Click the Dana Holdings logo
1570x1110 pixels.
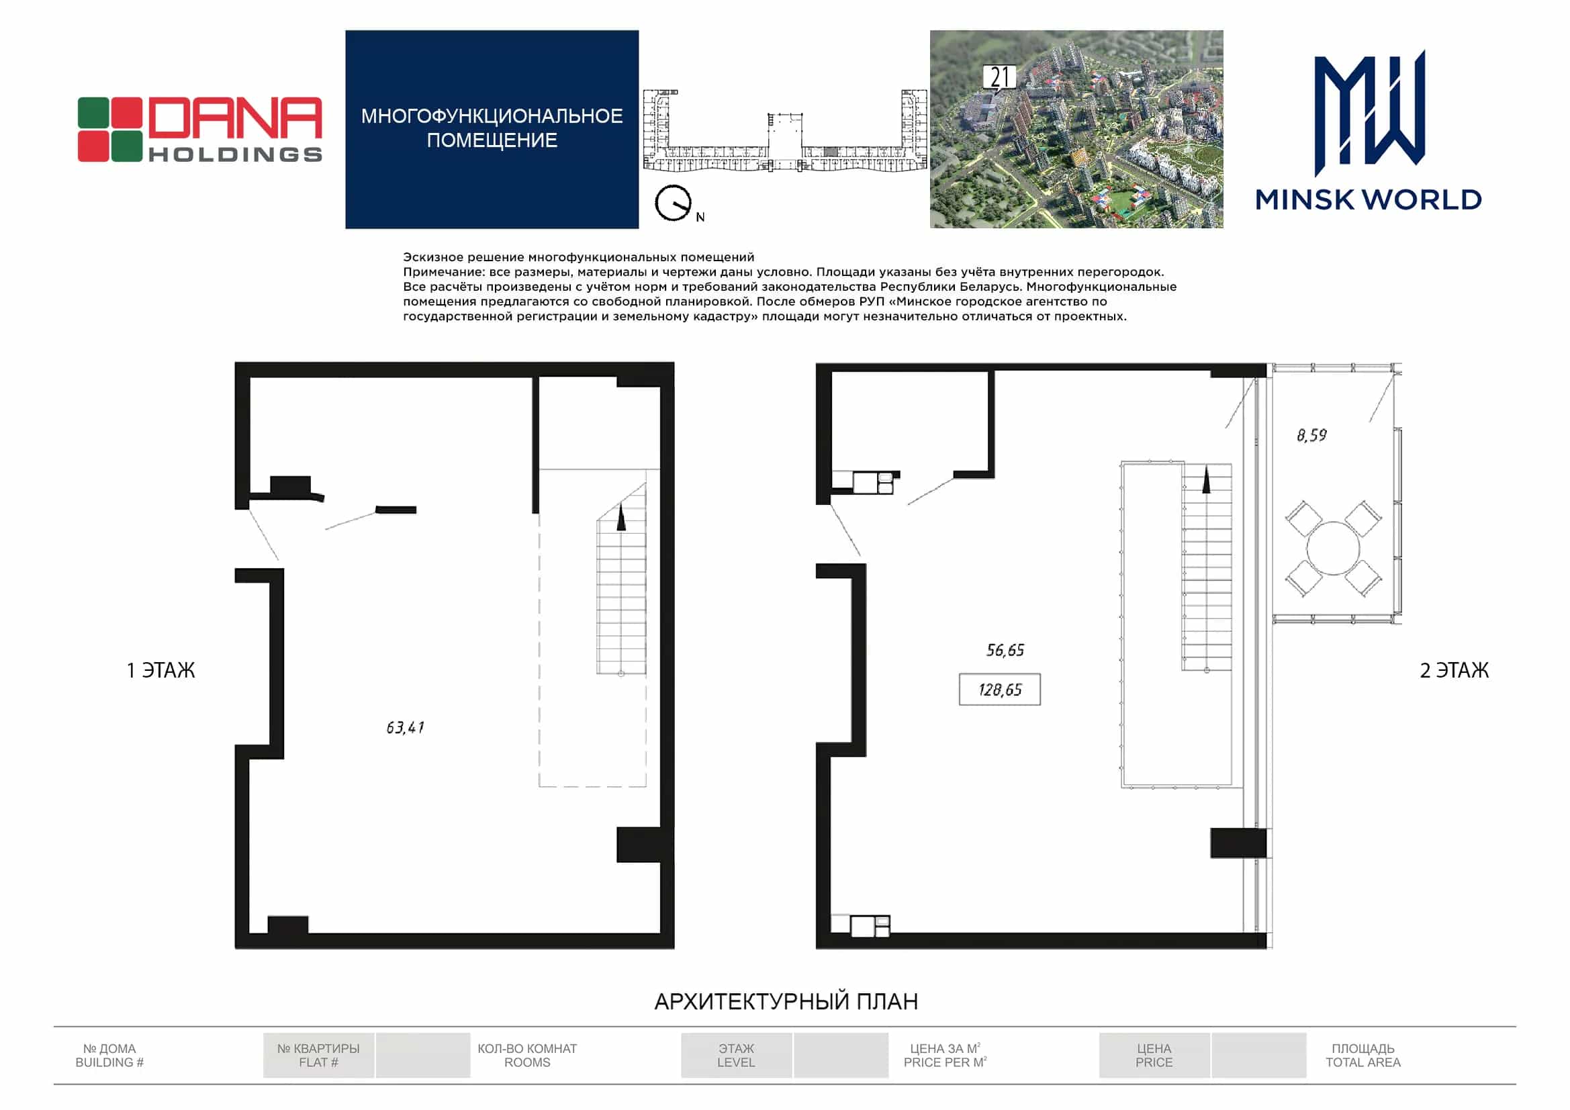[x=199, y=129]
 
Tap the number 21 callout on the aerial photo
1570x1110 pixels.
[x=999, y=78]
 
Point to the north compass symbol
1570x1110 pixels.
[x=674, y=203]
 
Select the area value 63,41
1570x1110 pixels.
[x=406, y=727]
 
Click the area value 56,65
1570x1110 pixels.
[x=1005, y=650]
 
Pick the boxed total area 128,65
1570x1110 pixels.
[x=1000, y=690]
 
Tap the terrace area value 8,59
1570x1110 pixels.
[x=1311, y=435]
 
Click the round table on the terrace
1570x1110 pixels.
[x=1333, y=548]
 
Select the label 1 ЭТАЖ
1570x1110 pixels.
[x=160, y=670]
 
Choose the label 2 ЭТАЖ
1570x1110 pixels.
[x=1454, y=670]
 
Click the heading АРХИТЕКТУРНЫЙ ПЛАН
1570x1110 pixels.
[x=786, y=1002]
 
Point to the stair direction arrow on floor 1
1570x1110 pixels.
[x=621, y=516]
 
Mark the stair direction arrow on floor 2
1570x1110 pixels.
[x=1206, y=479]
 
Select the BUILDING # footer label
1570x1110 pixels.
[x=109, y=1062]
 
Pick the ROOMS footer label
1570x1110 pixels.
[x=527, y=1062]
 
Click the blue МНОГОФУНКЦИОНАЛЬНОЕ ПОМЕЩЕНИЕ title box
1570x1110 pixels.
[x=492, y=128]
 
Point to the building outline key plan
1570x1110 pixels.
[x=785, y=131]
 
